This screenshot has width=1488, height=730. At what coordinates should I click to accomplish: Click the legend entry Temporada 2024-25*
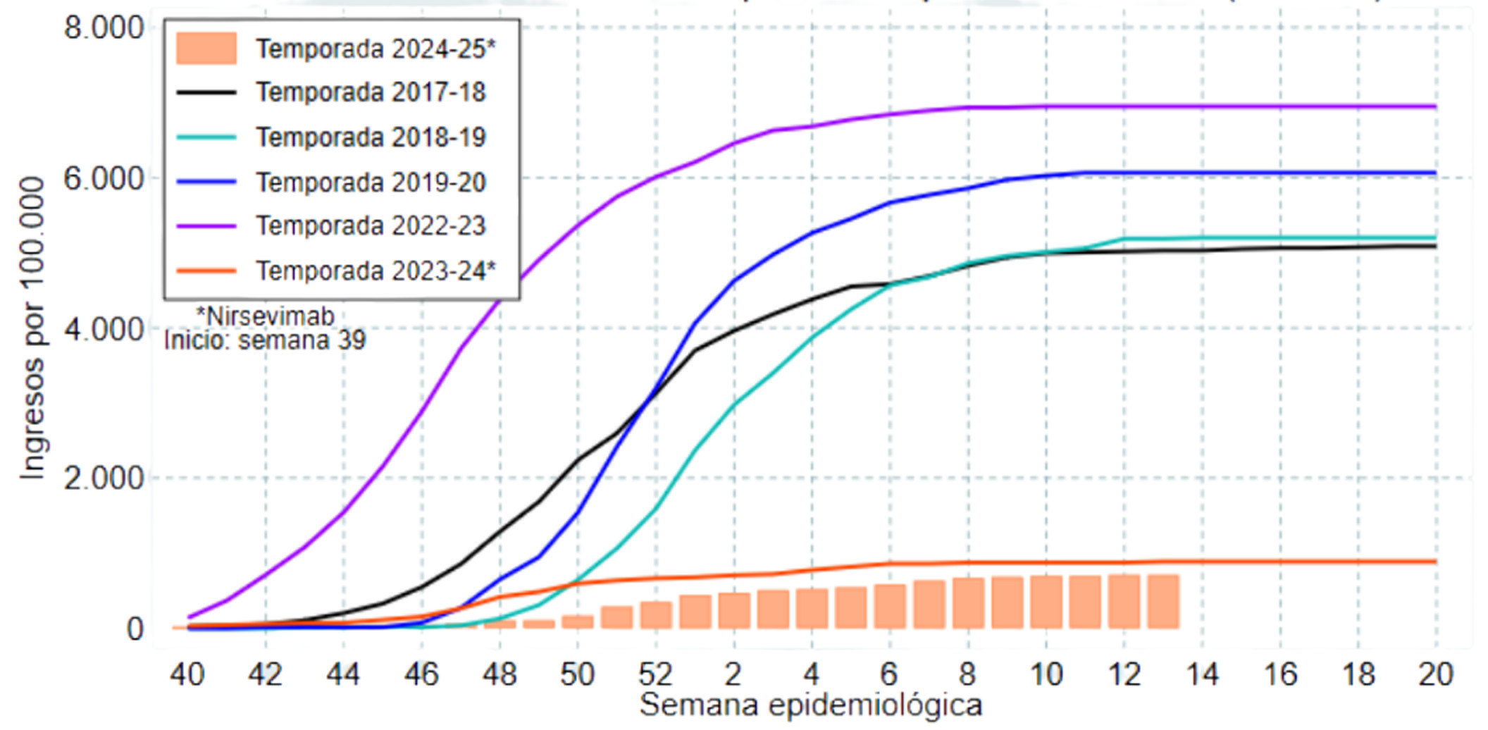[x=376, y=49]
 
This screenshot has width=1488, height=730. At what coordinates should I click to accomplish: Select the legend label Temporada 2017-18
[x=371, y=92]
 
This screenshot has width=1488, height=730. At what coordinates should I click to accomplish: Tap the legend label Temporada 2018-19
[x=371, y=137]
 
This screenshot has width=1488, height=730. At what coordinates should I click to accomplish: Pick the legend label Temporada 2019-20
[x=371, y=182]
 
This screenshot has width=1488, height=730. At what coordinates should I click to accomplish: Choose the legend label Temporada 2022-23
[x=371, y=226]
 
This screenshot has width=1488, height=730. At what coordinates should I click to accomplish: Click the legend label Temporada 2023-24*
[x=376, y=271]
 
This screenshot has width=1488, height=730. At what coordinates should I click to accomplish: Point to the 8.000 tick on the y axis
[x=104, y=28]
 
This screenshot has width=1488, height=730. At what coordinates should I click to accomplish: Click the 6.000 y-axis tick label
[x=104, y=178]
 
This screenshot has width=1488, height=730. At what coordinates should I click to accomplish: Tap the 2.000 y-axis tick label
[x=104, y=478]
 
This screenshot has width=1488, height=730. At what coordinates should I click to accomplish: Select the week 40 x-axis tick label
[x=187, y=674]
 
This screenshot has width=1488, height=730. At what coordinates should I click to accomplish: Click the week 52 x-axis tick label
[x=655, y=674]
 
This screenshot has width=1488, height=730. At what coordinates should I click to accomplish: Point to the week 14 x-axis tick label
[x=1202, y=674]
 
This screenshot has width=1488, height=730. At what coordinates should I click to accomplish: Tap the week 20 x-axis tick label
[x=1436, y=674]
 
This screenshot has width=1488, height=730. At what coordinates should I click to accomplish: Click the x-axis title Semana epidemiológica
[x=811, y=705]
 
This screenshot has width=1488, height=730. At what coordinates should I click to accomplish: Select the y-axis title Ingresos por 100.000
[x=32, y=328]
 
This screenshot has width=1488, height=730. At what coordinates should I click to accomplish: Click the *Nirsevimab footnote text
[x=266, y=316]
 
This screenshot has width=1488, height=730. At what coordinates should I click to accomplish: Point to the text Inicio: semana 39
[x=265, y=341]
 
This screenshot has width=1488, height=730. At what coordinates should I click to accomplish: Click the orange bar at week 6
[x=890, y=606]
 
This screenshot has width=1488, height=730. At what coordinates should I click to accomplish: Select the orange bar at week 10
[x=1046, y=602]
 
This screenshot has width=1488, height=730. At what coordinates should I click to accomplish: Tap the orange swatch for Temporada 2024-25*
[x=206, y=49]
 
